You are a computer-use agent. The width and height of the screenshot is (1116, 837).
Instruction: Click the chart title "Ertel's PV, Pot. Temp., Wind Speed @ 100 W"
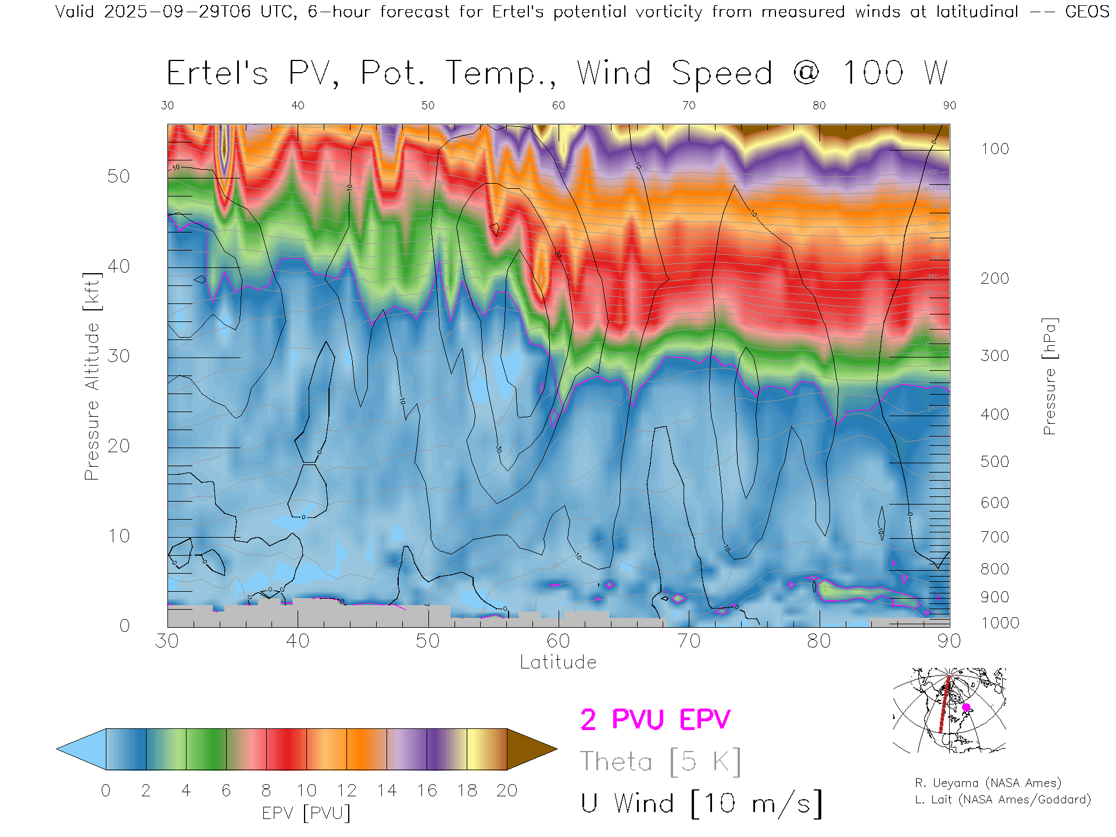557,73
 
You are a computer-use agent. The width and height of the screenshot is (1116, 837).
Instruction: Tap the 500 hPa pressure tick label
995,462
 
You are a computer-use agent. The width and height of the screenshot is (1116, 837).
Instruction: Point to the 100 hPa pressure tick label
995,149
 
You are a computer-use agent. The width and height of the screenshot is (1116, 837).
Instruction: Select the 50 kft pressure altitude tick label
118,176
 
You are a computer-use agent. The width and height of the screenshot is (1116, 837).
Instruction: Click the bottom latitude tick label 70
689,641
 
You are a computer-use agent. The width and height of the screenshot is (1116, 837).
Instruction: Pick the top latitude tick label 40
298,105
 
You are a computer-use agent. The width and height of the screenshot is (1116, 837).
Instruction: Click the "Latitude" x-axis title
558,662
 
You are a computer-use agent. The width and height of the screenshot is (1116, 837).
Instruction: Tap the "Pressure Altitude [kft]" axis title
92,376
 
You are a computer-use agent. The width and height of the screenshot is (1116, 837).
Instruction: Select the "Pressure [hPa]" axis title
1049,376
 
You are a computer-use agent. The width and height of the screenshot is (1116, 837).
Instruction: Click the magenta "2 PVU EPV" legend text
655,720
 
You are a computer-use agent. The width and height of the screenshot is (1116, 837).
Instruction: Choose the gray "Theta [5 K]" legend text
660,761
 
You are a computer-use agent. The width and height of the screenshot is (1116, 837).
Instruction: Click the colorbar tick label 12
346,791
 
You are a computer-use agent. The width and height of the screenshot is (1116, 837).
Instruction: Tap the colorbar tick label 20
507,791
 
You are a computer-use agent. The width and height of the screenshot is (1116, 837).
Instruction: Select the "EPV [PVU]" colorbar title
306,813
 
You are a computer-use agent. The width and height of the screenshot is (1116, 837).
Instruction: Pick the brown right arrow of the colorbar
529,749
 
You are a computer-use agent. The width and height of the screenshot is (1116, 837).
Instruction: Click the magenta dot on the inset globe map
966,707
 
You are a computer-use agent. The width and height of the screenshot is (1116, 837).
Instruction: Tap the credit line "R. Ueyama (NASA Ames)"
988,783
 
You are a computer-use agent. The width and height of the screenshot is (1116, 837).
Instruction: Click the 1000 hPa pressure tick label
1000,623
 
